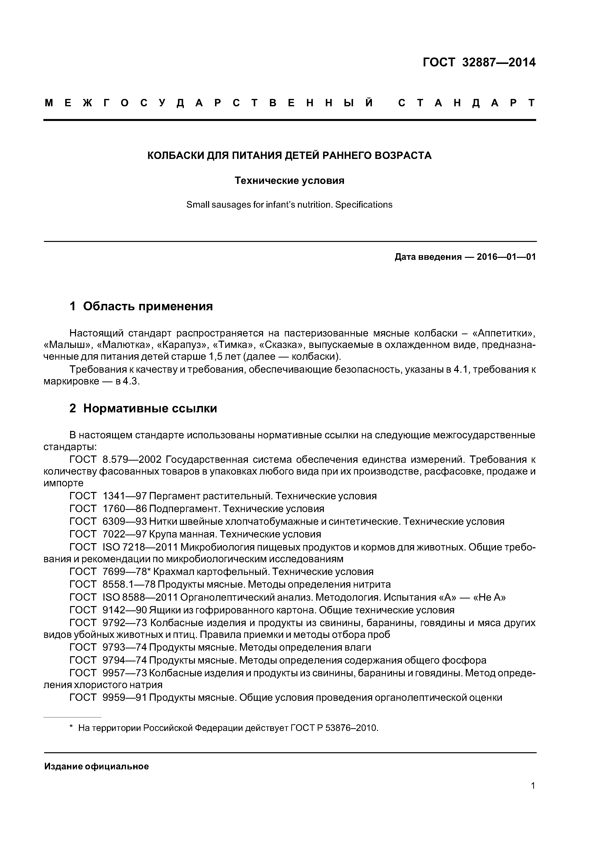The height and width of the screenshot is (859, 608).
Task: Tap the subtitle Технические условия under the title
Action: [289, 181]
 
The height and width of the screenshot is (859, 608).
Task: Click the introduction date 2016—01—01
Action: [506, 257]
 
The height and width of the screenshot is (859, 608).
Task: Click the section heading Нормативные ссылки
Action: [150, 408]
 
